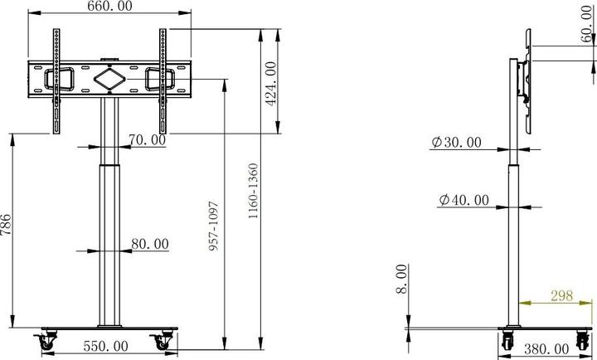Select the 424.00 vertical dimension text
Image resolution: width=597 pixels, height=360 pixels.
(269, 83)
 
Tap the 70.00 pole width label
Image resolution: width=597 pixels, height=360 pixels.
(147, 140)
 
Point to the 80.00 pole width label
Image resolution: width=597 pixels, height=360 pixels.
(150, 244)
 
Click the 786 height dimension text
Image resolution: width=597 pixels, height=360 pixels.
(7, 226)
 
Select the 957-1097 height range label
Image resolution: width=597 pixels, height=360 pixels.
(214, 225)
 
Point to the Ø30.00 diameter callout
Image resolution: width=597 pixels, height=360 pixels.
(456, 142)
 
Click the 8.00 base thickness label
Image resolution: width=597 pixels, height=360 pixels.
(401, 279)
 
